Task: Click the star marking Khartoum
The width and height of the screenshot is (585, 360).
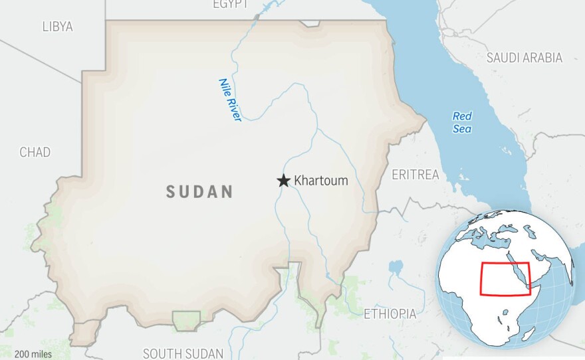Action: coord(284,181)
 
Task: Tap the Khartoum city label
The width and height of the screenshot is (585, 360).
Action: coord(321,181)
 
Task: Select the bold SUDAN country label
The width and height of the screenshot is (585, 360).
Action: coord(199,193)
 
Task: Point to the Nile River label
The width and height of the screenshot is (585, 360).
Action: coord(229,100)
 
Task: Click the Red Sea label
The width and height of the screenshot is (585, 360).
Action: coord(462,122)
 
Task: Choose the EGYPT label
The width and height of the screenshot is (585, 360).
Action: coord(230,5)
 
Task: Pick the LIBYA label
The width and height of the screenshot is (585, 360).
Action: coord(57,27)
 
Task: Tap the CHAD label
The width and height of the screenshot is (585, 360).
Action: coord(35,153)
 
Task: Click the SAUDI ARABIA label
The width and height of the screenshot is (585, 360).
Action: coord(525,58)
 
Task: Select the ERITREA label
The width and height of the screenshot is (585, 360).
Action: coord(415,175)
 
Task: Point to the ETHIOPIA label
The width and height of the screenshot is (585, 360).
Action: coord(390,314)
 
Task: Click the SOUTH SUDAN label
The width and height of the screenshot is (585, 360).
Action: coord(183,353)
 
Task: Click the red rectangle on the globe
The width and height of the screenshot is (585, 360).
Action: coord(505,279)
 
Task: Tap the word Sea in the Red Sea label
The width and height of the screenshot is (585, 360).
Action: coord(462,129)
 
